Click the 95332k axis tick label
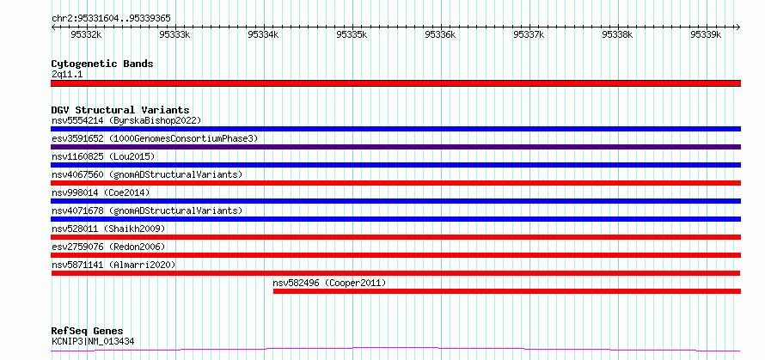pyautogui.click(x=86, y=34)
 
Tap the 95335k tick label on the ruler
pyautogui.click(x=352, y=34)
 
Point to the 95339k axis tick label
pyautogui.click(x=706, y=34)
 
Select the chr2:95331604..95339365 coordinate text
pyautogui.click(x=111, y=18)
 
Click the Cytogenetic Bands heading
pyautogui.click(x=102, y=64)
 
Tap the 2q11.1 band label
pyautogui.click(x=67, y=74)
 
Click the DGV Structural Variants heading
pyautogui.click(x=120, y=110)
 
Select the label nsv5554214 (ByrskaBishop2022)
pyautogui.click(x=126, y=120)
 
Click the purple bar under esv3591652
pyautogui.click(x=395, y=147)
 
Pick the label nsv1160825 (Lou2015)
pyautogui.click(x=103, y=156)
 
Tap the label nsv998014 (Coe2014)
pyautogui.click(x=101, y=192)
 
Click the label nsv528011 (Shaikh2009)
pyautogui.click(x=108, y=229)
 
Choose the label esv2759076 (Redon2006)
pyautogui.click(x=108, y=247)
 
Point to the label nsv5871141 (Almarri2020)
pyautogui.click(x=113, y=265)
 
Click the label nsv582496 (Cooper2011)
pyautogui.click(x=330, y=283)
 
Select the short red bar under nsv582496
pyautogui.click(x=507, y=291)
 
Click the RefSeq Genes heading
pyautogui.click(x=88, y=332)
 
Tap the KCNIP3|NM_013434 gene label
pyautogui.click(x=93, y=341)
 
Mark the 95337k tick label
pyautogui.click(x=529, y=34)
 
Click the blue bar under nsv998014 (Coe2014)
pyautogui.click(x=395, y=201)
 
